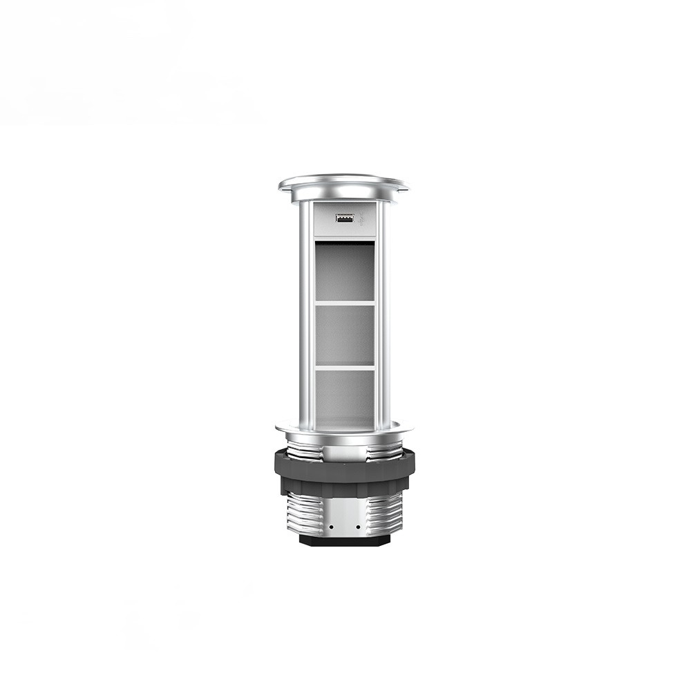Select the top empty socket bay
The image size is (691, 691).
(x=345, y=271)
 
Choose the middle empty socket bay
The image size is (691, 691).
(x=345, y=335)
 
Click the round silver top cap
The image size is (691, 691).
(x=343, y=183)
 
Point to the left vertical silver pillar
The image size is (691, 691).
(x=305, y=311)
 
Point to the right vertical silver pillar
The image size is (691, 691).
(x=384, y=311)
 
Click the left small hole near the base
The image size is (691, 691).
(x=331, y=527)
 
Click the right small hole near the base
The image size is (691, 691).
(x=359, y=527)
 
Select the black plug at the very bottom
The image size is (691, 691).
(x=343, y=539)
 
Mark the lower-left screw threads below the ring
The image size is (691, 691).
(x=304, y=515)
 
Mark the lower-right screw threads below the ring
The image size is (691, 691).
(x=384, y=515)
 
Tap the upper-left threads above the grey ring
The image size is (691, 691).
(x=305, y=452)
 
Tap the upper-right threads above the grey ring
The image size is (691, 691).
(x=384, y=452)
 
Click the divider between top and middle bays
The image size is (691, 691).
(x=345, y=303)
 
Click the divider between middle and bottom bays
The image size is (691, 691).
(x=345, y=368)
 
